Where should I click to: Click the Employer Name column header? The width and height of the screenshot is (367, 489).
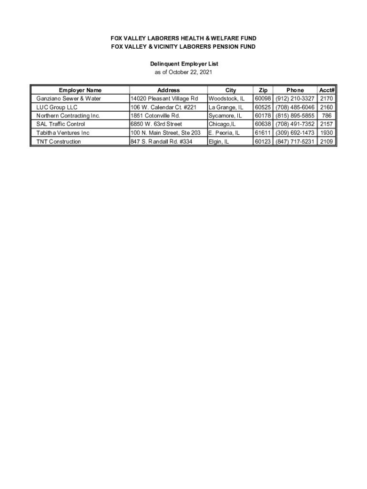coord(80,90)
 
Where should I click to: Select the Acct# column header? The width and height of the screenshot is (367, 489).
coord(326,90)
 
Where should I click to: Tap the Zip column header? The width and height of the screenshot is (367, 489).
coord(263,90)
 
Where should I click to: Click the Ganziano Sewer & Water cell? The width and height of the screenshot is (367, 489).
coord(69,98)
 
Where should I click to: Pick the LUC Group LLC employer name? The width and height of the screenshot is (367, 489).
coord(57,107)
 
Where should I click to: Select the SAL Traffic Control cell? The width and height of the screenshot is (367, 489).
coord(61,124)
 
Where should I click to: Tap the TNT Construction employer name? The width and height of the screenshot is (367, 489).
coord(59,141)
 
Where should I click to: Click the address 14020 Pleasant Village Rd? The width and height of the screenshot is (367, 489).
coord(164,98)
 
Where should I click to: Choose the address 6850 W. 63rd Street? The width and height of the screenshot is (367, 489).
coord(156,124)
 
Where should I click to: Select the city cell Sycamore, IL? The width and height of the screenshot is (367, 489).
coord(225,116)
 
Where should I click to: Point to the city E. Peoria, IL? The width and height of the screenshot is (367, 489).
coord(224,133)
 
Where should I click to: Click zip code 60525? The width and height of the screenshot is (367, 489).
coord(263,107)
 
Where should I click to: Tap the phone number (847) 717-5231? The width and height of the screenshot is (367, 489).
coord(295,141)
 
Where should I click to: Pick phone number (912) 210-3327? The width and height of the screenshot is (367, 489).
coord(295,98)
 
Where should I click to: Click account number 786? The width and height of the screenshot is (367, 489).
coord(326,116)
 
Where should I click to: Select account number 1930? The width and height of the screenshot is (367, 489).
coord(326,133)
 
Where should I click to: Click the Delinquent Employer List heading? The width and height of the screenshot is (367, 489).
coord(184,64)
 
